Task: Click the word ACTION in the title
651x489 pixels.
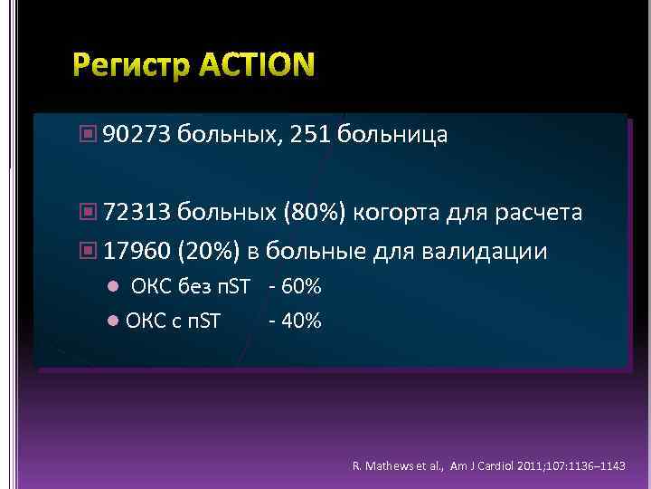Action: (256, 66)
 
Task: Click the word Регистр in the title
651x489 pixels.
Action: (132, 66)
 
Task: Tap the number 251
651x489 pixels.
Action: (311, 136)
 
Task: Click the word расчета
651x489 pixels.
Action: (538, 213)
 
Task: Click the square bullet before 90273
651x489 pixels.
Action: (87, 136)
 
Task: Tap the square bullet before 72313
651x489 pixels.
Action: (87, 213)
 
